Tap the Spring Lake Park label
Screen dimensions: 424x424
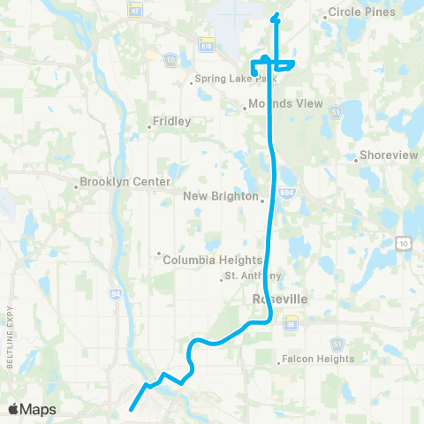point(227,79)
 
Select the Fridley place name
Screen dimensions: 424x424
point(171,122)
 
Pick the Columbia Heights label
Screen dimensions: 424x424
point(212,260)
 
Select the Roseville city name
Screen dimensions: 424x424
point(279,299)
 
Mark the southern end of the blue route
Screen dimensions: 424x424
point(131,409)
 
